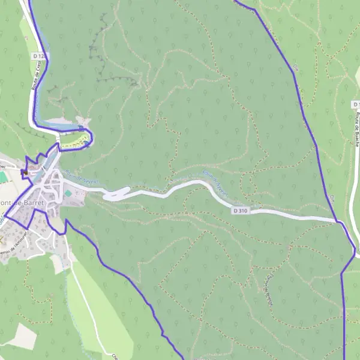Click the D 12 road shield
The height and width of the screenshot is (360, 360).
38,55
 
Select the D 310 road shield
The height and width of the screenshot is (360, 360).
240,211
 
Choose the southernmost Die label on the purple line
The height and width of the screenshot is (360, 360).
332,197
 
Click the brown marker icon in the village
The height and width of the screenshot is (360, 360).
25,173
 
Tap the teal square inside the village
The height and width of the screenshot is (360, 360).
68,193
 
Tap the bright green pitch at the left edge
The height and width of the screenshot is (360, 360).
3,177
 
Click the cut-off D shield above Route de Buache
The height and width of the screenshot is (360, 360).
356,104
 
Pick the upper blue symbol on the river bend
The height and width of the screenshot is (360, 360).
80,128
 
